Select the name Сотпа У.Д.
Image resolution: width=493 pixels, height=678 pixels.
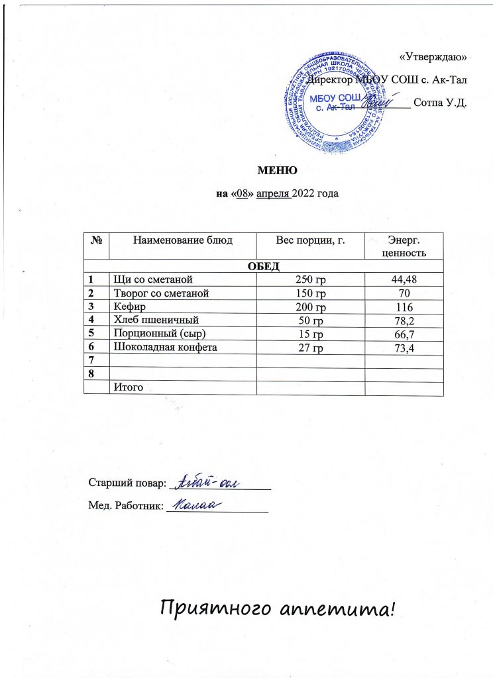440,103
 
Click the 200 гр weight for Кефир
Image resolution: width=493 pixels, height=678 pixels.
311,308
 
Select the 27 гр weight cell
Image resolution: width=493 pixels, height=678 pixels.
311,350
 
